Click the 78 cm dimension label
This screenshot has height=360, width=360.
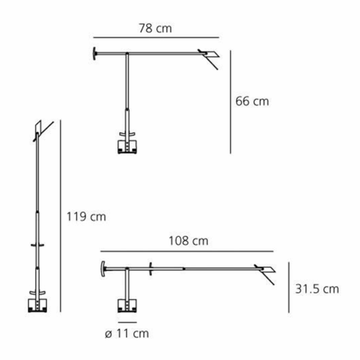156,28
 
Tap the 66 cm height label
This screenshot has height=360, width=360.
252,101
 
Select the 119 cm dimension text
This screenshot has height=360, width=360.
86,217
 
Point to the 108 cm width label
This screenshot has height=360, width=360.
189,240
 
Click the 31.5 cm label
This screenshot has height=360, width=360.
317,289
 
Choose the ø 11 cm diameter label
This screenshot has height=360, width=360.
127,333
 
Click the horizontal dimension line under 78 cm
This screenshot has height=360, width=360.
156,37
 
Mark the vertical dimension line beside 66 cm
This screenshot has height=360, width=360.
230,102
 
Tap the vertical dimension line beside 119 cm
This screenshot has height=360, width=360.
60,216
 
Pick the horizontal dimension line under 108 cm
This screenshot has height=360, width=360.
187,251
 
